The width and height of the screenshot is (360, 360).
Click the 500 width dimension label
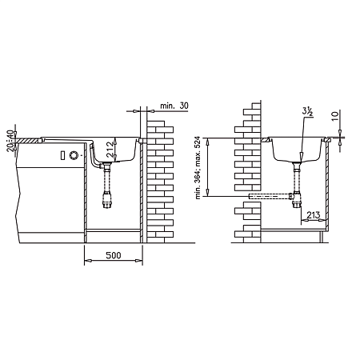point(114,255)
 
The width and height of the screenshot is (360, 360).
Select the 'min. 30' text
point(174,106)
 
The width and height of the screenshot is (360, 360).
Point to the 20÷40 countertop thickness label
point(10,141)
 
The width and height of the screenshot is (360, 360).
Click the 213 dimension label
point(313,215)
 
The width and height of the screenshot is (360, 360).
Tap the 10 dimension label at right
point(335,116)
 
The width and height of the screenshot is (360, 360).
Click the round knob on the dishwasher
point(74,155)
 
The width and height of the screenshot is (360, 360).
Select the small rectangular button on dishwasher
point(62,155)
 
